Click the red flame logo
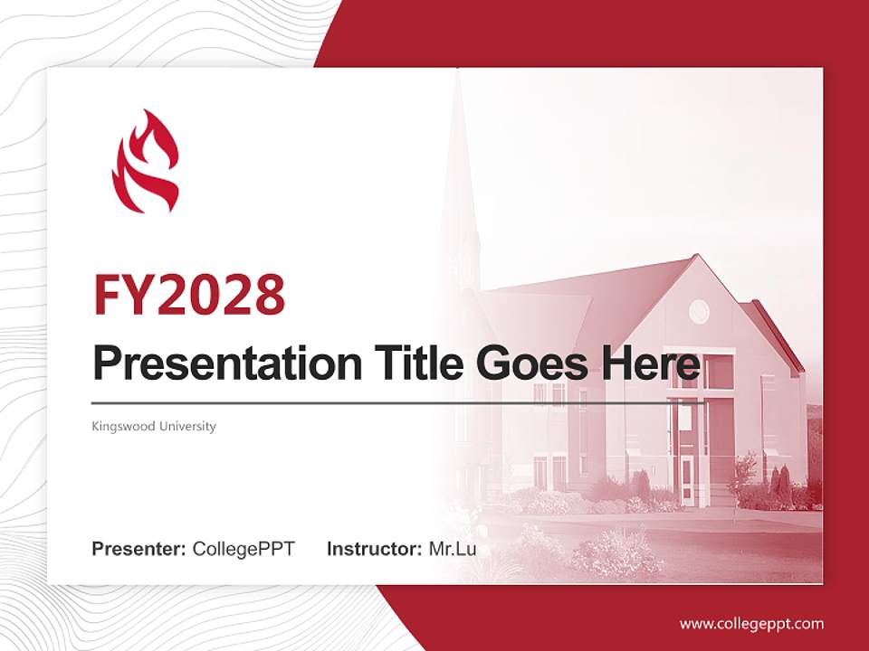tap(145, 163)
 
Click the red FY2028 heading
tap(189, 294)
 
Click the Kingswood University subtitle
tap(154, 426)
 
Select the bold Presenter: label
tap(139, 549)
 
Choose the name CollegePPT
tap(244, 549)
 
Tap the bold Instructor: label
tap(374, 549)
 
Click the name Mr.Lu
tap(453, 549)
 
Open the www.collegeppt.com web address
tap(751, 624)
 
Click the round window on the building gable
tap(699, 312)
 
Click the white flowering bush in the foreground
tap(616, 552)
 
